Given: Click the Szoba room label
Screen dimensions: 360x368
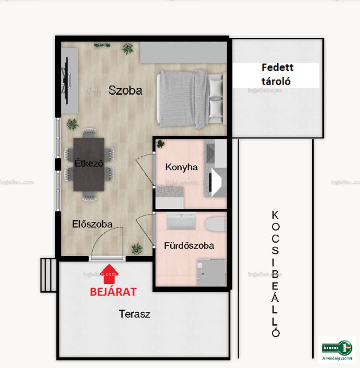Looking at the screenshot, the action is [x=125, y=90].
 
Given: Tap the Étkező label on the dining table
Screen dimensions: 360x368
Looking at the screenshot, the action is [x=89, y=163].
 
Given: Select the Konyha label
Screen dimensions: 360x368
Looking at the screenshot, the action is [x=181, y=167].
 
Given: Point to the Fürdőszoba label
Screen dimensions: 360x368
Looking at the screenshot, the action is [x=189, y=246].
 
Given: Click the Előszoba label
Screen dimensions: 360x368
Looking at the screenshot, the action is [x=92, y=224].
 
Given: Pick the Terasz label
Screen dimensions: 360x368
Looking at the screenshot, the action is [x=134, y=314].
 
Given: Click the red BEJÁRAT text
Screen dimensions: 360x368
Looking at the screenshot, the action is [x=113, y=292].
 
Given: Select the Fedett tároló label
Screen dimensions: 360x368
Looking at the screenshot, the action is [x=277, y=75].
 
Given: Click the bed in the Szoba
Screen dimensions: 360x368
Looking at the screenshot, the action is [x=190, y=98].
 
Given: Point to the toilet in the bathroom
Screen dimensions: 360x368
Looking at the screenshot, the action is [x=216, y=224].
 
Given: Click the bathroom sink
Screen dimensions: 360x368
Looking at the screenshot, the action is [x=181, y=221].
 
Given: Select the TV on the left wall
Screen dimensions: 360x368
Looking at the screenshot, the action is [x=66, y=81].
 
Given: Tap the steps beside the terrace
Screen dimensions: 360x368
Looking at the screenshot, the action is [x=48, y=275].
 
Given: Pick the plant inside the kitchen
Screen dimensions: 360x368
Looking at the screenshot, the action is [x=160, y=144].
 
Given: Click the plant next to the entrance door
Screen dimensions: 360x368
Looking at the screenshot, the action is [x=137, y=249].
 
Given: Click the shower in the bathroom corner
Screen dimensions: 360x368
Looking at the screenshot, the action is [x=211, y=272].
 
